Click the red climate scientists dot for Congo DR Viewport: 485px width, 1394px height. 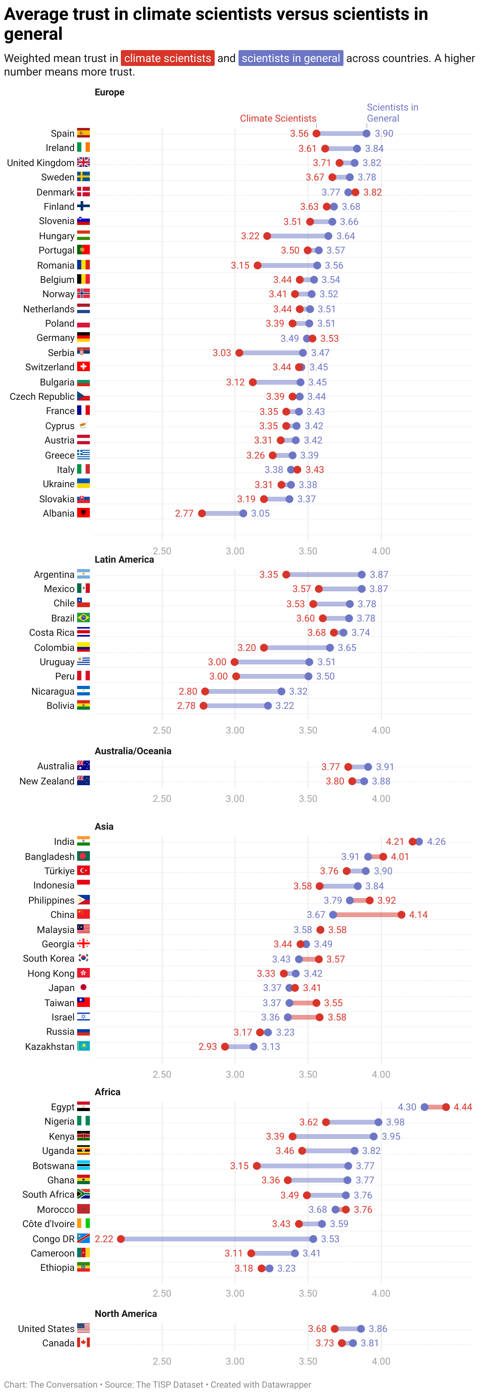click(121, 1239)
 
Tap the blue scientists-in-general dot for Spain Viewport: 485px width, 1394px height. click(367, 134)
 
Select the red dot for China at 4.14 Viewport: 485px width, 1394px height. click(401, 914)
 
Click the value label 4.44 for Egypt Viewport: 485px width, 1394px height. click(462, 1107)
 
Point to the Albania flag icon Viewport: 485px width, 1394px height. click(83, 513)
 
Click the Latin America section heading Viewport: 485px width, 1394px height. click(124, 560)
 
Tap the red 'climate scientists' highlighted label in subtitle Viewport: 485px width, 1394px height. click(168, 58)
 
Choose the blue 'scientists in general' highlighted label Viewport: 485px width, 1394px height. click(291, 58)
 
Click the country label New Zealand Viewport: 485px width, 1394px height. click(47, 781)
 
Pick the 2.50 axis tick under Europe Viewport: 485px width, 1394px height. click(162, 551)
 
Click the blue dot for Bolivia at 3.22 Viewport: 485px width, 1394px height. click(268, 706)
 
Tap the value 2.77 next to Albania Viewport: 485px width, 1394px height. click(184, 513)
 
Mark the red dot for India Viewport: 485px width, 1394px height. click(413, 842)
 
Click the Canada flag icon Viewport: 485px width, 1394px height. click(83, 1343)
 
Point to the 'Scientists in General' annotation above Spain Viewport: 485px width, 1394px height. click(392, 112)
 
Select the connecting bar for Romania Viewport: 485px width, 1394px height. click(287, 265)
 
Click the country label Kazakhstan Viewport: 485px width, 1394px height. click(49, 1047)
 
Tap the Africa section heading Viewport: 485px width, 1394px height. click(107, 1092)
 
